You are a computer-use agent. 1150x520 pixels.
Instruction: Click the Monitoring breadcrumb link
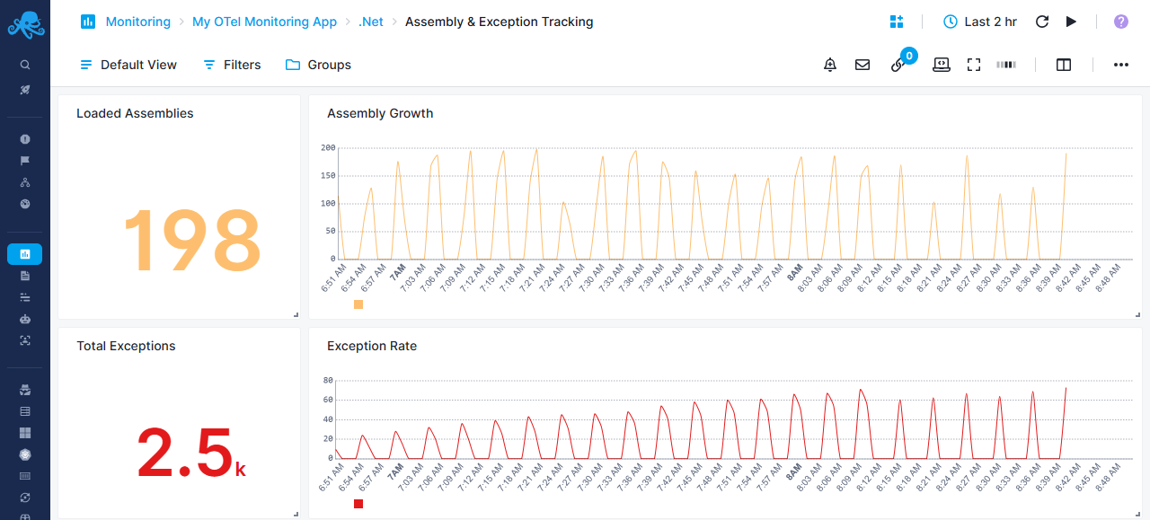click(137, 22)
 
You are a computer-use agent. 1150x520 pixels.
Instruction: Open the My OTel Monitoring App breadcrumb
click(264, 22)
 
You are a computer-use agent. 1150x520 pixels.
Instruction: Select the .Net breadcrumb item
click(371, 22)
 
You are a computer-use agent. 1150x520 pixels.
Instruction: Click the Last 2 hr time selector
click(980, 22)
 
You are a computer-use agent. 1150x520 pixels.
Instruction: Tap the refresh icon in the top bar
click(1042, 22)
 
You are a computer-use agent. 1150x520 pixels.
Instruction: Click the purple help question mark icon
click(1121, 22)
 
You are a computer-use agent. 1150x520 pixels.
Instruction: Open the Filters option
click(232, 65)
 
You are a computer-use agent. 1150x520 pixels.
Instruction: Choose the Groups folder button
click(318, 65)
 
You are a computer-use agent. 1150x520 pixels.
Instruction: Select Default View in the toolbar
click(128, 65)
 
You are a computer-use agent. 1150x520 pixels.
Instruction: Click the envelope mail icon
click(862, 65)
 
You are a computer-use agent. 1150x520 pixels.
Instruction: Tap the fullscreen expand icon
click(974, 65)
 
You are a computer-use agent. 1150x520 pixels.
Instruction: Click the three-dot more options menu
click(1121, 65)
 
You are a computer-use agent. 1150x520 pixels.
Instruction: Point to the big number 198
click(190, 241)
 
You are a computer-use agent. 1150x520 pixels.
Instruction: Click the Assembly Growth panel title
click(380, 113)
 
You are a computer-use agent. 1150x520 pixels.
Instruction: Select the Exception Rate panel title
click(372, 346)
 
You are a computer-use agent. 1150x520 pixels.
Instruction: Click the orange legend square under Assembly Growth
click(358, 304)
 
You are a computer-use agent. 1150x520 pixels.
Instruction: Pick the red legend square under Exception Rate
click(358, 504)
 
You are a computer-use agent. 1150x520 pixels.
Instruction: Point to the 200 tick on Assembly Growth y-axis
click(328, 147)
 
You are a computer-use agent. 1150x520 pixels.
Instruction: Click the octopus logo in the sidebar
click(25, 24)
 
